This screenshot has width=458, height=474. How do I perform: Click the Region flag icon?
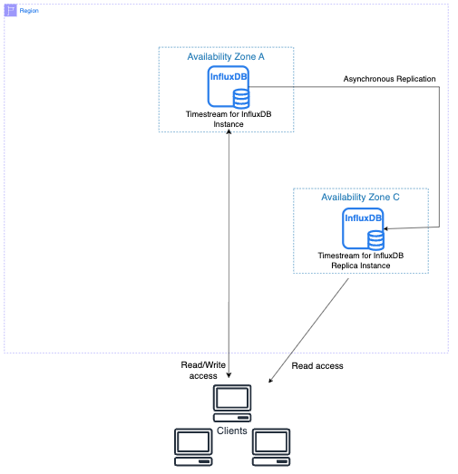(11, 11)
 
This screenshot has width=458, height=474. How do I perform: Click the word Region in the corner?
(29, 11)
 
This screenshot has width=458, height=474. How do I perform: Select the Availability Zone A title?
(226, 57)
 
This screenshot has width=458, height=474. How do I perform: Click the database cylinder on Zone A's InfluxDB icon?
(243, 96)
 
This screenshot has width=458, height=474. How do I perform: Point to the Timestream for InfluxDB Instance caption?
(229, 118)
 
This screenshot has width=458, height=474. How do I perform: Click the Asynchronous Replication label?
(389, 80)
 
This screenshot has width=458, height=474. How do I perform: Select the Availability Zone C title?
(360, 197)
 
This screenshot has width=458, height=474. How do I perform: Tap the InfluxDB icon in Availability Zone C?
(363, 227)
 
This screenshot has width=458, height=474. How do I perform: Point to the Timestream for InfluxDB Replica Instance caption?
(360, 261)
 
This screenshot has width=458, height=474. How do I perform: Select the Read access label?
(317, 366)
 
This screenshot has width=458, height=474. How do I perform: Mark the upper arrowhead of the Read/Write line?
(229, 135)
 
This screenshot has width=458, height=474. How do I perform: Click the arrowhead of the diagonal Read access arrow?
(273, 379)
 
